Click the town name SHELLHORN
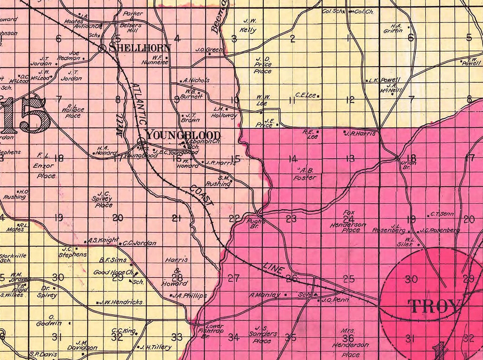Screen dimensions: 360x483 (140, 47)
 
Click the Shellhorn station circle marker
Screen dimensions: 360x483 (102, 48)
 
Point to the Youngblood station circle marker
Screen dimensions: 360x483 (142, 142)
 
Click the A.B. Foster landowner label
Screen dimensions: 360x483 (304, 174)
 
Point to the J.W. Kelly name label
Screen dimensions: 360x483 (249, 27)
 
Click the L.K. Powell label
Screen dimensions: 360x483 (384, 80)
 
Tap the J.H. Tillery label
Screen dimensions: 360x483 (156, 347)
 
